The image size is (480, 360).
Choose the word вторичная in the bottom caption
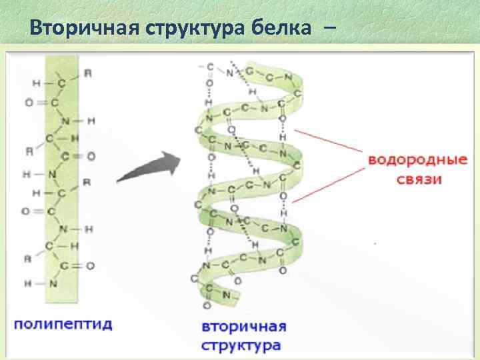click(243, 328)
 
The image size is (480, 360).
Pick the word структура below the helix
click(241, 346)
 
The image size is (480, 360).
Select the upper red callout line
click(327, 145)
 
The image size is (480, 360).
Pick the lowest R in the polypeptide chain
click(29, 259)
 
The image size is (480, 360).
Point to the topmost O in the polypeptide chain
click(27, 103)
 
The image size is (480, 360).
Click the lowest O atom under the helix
click(207, 305)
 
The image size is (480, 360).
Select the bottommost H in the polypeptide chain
click(27, 283)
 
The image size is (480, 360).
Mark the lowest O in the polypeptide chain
click(90, 265)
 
